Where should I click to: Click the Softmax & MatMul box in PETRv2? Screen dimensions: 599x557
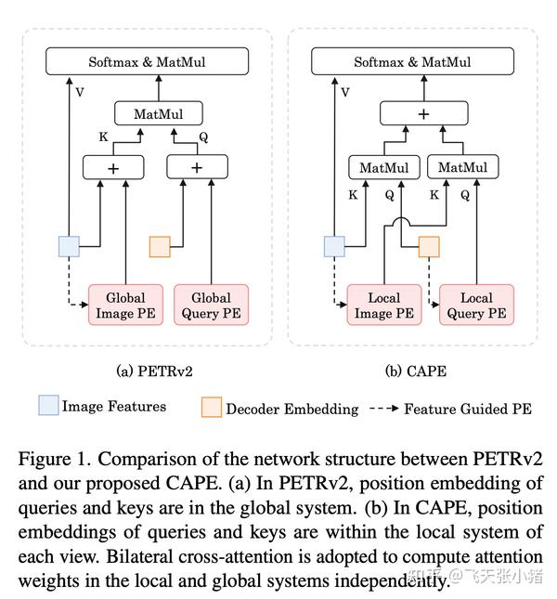(148, 62)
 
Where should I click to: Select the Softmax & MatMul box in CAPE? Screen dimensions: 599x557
(412, 62)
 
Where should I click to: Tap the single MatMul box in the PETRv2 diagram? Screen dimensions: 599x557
(149, 114)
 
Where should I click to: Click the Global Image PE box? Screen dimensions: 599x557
(125, 306)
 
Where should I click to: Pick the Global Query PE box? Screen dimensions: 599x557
(211, 306)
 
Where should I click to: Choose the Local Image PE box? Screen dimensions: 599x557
(383, 306)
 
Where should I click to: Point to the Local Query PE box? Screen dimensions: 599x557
(476, 306)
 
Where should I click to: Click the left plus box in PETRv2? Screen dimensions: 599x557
(112, 167)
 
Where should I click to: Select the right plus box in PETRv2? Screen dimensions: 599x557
(197, 167)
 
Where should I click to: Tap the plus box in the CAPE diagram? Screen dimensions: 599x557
(423, 113)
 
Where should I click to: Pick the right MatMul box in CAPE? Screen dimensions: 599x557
(461, 167)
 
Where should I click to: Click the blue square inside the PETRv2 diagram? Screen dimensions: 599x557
(69, 246)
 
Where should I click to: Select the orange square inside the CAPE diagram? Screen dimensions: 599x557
(428, 246)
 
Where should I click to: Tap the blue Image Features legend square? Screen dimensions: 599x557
(48, 406)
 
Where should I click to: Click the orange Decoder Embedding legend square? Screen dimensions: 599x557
(211, 408)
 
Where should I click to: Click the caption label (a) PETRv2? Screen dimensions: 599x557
(147, 371)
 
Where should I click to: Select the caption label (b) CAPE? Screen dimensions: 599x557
(415, 371)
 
